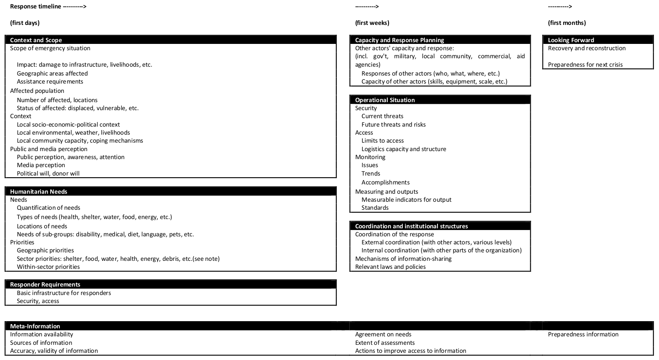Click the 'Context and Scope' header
pos(36,40)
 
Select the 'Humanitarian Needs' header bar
pos(38,192)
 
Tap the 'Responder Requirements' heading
pos(45,284)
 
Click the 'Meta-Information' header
pos(35,326)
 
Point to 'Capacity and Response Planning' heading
pos(399,40)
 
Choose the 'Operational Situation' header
pos(385,100)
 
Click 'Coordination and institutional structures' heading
pos(411,226)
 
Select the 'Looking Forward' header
pos(571,40)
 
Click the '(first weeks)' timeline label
pos(372,23)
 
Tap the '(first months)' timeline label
pos(567,23)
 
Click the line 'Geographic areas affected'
pos(52,73)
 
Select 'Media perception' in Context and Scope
pos(41,165)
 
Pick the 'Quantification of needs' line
pos(49,208)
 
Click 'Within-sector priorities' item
pos(48,267)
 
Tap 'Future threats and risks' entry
pos(393,125)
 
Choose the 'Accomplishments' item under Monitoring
pos(385,182)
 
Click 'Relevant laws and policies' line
pos(390,267)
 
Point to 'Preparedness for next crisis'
pos(585,65)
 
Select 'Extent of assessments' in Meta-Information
pos(385,343)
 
